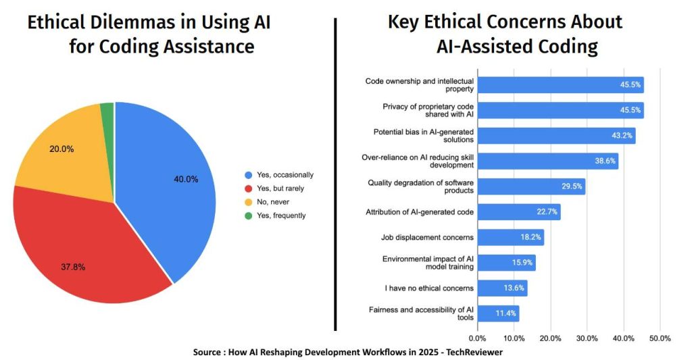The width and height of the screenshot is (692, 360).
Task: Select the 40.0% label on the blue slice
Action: point(187,179)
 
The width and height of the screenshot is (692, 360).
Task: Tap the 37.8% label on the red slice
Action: point(73,267)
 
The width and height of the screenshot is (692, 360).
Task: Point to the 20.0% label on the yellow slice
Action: point(61,149)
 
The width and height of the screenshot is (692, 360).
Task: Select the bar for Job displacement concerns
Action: point(510,237)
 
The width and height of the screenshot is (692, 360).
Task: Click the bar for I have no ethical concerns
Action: point(502,288)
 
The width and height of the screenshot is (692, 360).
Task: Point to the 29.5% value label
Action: point(572,186)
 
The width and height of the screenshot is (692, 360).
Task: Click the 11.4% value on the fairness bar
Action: point(505,313)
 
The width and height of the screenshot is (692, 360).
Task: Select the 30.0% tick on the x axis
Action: point(587,338)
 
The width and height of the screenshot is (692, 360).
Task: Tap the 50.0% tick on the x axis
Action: point(660,338)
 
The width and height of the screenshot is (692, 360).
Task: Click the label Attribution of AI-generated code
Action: point(419,212)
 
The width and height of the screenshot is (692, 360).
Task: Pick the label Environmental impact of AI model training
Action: point(428,263)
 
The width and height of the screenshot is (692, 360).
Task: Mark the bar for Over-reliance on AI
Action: point(547,161)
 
